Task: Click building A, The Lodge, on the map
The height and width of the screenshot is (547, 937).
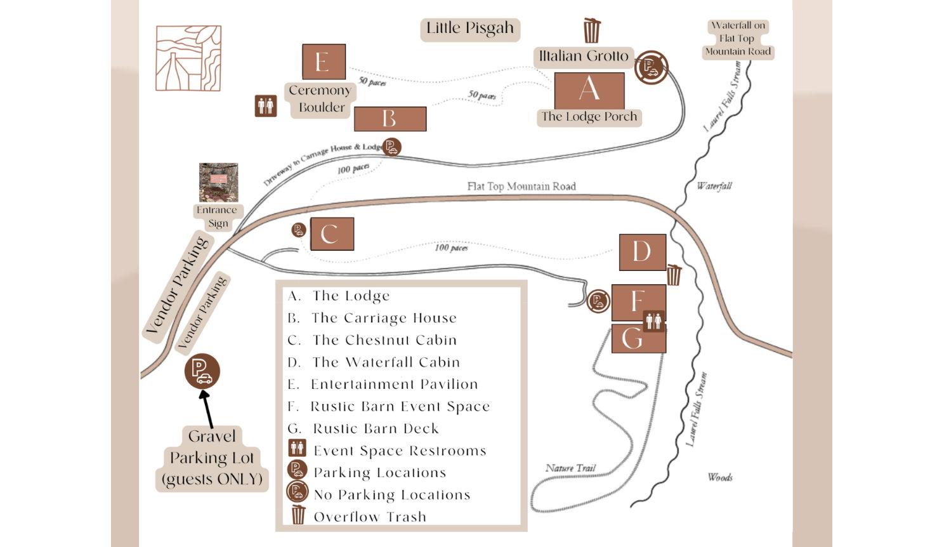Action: pyautogui.click(x=589, y=90)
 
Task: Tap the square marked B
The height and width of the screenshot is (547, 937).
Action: pyautogui.click(x=390, y=119)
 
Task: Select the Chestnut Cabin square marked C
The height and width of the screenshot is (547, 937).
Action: pyautogui.click(x=329, y=234)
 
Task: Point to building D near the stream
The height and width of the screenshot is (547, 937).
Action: pyautogui.click(x=642, y=252)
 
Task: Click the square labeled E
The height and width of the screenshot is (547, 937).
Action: pyautogui.click(x=324, y=62)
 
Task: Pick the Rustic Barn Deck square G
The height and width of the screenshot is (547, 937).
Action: pyautogui.click(x=638, y=339)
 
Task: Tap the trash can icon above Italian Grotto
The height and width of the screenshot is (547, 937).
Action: pyautogui.click(x=591, y=30)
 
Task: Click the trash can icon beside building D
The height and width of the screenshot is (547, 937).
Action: pyautogui.click(x=674, y=275)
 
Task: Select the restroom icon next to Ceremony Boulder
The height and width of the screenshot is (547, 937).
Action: pyautogui.click(x=266, y=106)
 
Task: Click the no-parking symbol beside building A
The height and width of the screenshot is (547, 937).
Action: pyautogui.click(x=651, y=67)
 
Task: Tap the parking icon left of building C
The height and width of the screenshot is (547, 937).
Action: pyautogui.click(x=299, y=230)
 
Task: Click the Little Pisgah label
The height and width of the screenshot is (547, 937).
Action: pyautogui.click(x=470, y=29)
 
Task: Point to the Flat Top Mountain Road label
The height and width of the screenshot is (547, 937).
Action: pyautogui.click(x=521, y=186)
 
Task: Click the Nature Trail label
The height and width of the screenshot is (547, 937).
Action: pyautogui.click(x=570, y=468)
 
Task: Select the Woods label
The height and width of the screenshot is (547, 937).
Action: pyautogui.click(x=720, y=477)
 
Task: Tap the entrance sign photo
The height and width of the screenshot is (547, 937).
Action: pyautogui.click(x=218, y=182)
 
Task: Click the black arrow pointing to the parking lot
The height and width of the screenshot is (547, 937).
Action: pyautogui.click(x=207, y=408)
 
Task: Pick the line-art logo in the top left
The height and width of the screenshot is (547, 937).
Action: pyautogui.click(x=188, y=58)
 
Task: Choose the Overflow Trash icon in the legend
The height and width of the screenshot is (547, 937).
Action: pyautogui.click(x=298, y=515)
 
